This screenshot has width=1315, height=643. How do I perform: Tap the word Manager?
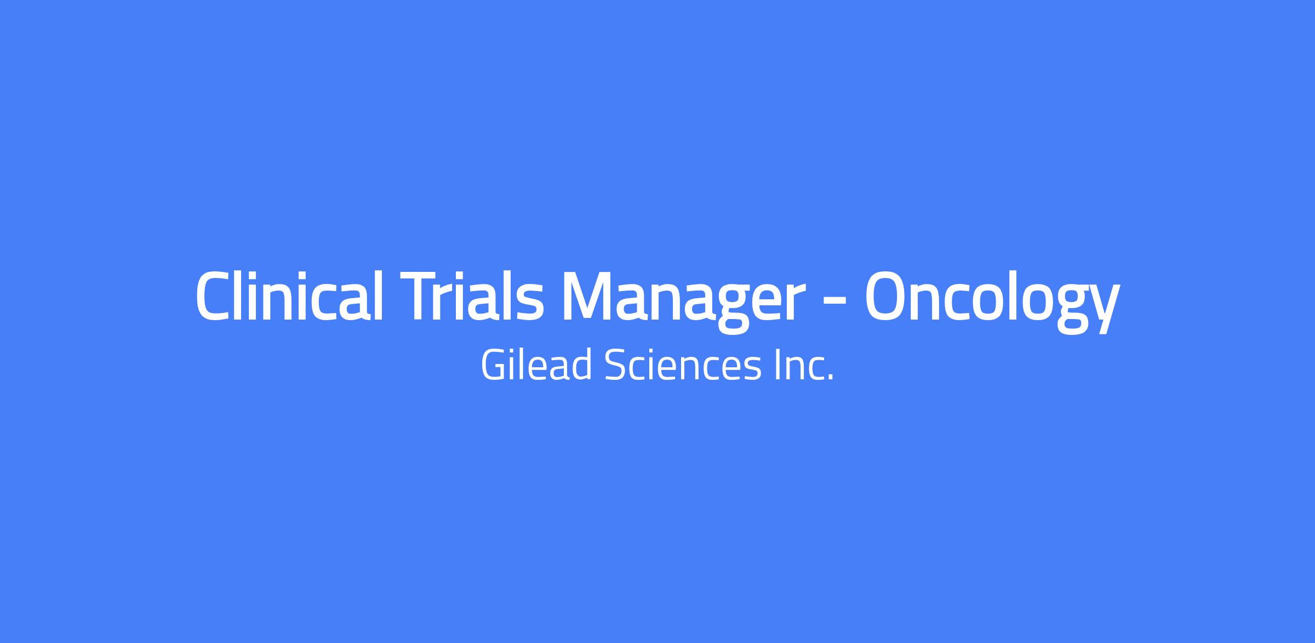683,301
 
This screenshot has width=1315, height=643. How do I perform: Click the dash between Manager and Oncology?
834,303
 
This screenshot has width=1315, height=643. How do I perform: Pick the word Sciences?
683,365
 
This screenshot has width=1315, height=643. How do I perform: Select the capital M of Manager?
587,296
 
